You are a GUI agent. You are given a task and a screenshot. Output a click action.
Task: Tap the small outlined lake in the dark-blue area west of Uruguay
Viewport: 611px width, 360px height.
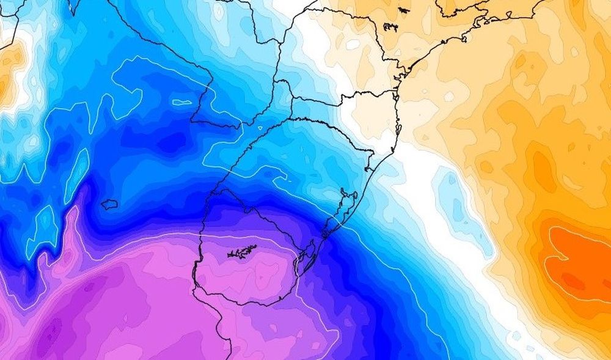109,204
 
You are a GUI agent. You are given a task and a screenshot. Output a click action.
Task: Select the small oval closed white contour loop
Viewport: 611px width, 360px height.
181,102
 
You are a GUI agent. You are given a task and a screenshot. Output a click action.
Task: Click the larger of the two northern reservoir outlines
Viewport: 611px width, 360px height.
391,27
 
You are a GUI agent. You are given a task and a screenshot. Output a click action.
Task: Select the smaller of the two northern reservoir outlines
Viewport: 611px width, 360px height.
403,10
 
